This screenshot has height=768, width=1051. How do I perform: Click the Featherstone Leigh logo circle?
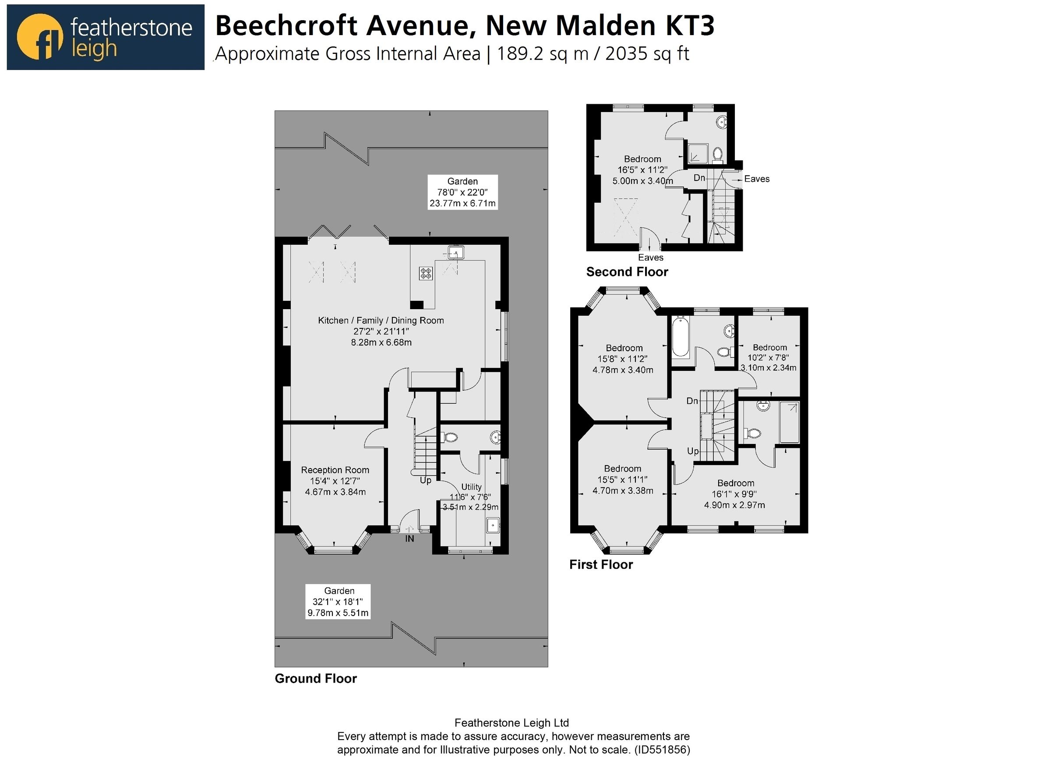pyautogui.click(x=39, y=37)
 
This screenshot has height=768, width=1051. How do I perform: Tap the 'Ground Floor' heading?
pyautogui.click(x=316, y=678)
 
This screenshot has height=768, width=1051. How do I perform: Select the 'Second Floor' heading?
pyautogui.click(x=627, y=272)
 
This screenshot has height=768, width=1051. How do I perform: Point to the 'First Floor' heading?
pyautogui.click(x=600, y=564)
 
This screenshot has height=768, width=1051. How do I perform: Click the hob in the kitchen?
pyautogui.click(x=426, y=273)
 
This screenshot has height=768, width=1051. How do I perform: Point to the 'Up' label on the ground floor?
pyautogui.click(x=425, y=480)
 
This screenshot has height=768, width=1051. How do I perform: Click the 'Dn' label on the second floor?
pyautogui.click(x=699, y=178)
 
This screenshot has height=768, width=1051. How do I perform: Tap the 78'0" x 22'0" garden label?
pyautogui.click(x=462, y=192)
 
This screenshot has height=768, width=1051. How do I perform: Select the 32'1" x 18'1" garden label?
pyautogui.click(x=338, y=602)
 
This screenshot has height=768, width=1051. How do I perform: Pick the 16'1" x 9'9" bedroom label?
pyautogui.click(x=735, y=494)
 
